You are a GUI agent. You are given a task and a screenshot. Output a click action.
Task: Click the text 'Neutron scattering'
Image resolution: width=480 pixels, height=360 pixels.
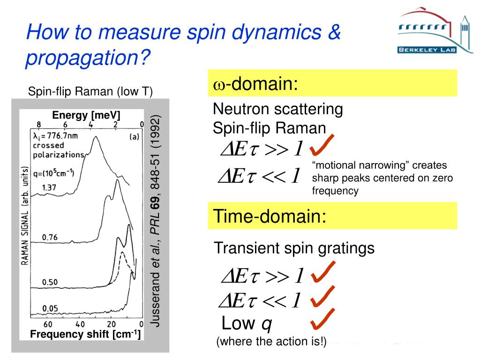point(277,109)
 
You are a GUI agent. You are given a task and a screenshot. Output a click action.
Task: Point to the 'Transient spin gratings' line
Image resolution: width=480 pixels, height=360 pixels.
point(294,248)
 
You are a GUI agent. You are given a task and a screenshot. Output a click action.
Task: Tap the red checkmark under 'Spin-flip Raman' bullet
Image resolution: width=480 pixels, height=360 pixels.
point(321,146)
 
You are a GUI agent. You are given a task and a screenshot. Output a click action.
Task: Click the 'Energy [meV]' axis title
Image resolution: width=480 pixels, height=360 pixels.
point(86,115)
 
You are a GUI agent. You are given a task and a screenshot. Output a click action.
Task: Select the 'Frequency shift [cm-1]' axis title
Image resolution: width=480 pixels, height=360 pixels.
point(85,334)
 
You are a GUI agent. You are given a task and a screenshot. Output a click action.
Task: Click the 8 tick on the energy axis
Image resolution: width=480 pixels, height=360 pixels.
point(39,124)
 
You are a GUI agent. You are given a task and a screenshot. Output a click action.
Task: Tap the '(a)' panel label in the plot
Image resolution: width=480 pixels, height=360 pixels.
point(134,137)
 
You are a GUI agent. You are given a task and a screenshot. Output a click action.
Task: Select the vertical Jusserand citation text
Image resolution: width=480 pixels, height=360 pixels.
point(156,220)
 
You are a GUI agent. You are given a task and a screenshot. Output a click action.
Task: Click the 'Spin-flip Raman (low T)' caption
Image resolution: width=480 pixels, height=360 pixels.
point(90,91)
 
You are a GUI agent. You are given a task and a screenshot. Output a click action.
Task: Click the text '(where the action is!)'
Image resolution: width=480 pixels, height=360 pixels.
point(271,342)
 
